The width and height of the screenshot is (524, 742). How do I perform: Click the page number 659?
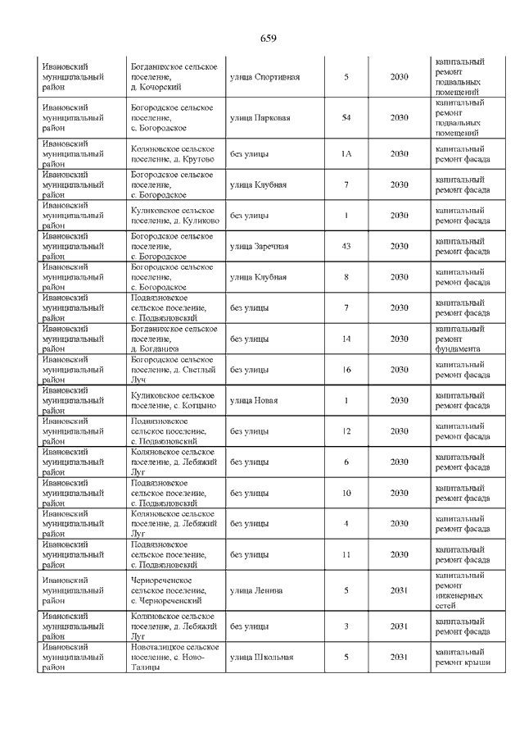[x=268, y=39]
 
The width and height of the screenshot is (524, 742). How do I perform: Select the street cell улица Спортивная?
[x=265, y=78]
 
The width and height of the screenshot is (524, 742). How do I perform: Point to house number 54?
[x=346, y=118]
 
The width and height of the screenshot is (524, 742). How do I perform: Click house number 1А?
[x=346, y=153]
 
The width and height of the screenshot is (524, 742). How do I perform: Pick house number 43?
[x=346, y=247]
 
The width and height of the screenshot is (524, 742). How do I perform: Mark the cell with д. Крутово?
[x=173, y=153]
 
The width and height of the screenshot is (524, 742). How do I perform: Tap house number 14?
[x=346, y=339]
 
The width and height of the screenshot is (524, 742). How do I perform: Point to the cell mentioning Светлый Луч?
[x=173, y=370]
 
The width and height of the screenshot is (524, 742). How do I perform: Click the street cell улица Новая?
[x=254, y=401]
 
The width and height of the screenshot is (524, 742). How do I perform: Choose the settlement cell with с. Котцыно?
[x=173, y=401]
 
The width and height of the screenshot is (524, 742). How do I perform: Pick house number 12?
[x=346, y=431]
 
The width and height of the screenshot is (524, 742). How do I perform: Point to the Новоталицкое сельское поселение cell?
[x=173, y=657]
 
